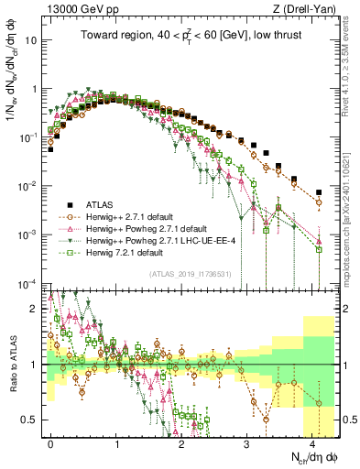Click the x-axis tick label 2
[182, 442]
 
